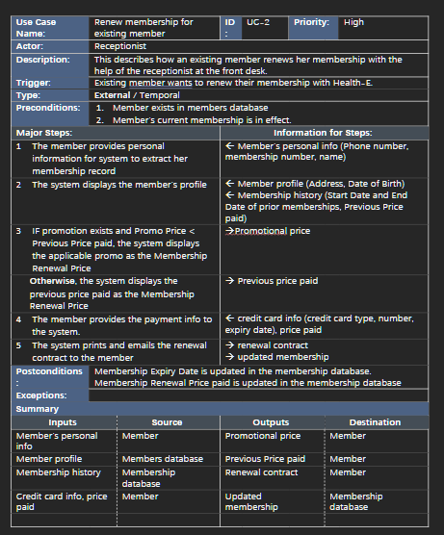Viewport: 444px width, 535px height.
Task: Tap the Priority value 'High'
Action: click(x=353, y=21)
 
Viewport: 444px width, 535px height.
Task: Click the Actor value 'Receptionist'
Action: click(x=120, y=44)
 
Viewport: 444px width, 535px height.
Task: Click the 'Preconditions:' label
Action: click(x=45, y=108)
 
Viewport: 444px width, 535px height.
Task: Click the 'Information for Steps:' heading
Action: click(x=323, y=133)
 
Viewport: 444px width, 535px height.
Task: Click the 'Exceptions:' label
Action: click(x=40, y=395)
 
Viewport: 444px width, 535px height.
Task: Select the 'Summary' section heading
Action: click(x=37, y=409)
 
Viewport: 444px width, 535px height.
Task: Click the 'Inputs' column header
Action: click(x=62, y=421)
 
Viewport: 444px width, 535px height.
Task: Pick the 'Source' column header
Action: click(x=167, y=421)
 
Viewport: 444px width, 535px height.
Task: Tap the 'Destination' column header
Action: click(x=375, y=421)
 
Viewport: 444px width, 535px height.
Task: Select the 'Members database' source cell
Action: click(x=162, y=459)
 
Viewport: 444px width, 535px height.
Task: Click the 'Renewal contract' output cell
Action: click(x=261, y=472)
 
